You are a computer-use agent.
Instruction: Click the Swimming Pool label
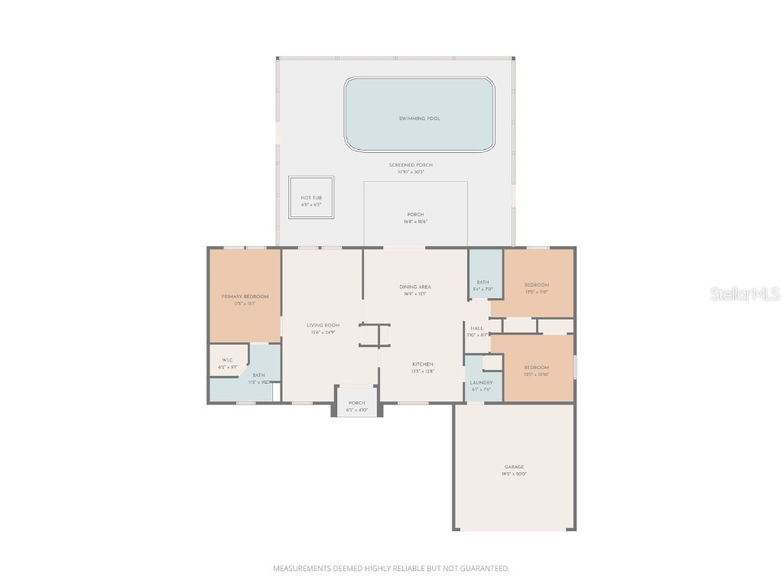[419, 118]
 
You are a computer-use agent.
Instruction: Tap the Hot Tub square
[311, 198]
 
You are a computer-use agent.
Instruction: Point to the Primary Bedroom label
[245, 297]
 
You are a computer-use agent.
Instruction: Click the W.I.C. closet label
[227, 360]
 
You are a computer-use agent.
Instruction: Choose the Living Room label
[323, 326]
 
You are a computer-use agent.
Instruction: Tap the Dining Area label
[415, 287]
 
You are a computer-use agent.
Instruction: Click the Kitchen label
[423, 364]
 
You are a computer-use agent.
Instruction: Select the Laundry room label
[481, 382]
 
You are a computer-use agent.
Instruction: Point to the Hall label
[477, 328]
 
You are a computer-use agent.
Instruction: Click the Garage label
[514, 467]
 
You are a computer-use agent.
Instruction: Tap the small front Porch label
[356, 403]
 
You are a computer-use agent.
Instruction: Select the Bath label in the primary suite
[258, 375]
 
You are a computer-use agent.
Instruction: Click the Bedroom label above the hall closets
[537, 285]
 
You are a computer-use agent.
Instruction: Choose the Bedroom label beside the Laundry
[537, 368]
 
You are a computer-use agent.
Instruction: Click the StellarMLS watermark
[745, 294]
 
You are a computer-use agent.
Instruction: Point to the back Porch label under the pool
[415, 215]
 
